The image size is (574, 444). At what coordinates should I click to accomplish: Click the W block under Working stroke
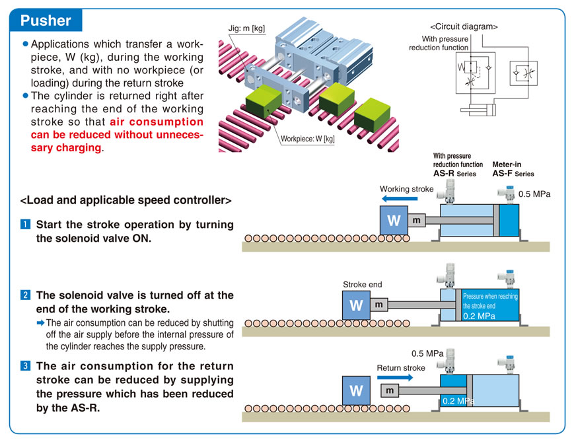coord(394,219)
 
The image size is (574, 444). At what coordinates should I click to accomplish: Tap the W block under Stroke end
coord(357,305)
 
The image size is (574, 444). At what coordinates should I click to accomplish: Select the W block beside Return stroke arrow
coord(357,390)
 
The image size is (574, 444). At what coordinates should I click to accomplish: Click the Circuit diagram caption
coord(464,27)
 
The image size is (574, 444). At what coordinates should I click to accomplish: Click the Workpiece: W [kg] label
coord(308,139)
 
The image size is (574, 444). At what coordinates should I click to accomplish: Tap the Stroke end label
coord(362,285)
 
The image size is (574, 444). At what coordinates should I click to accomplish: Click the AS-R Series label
coord(453,173)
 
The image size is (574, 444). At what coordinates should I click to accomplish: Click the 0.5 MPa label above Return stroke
coord(427,353)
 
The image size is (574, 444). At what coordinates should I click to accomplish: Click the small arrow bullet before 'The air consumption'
coord(40,323)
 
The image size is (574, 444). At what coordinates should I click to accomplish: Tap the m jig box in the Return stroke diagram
coord(390,390)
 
